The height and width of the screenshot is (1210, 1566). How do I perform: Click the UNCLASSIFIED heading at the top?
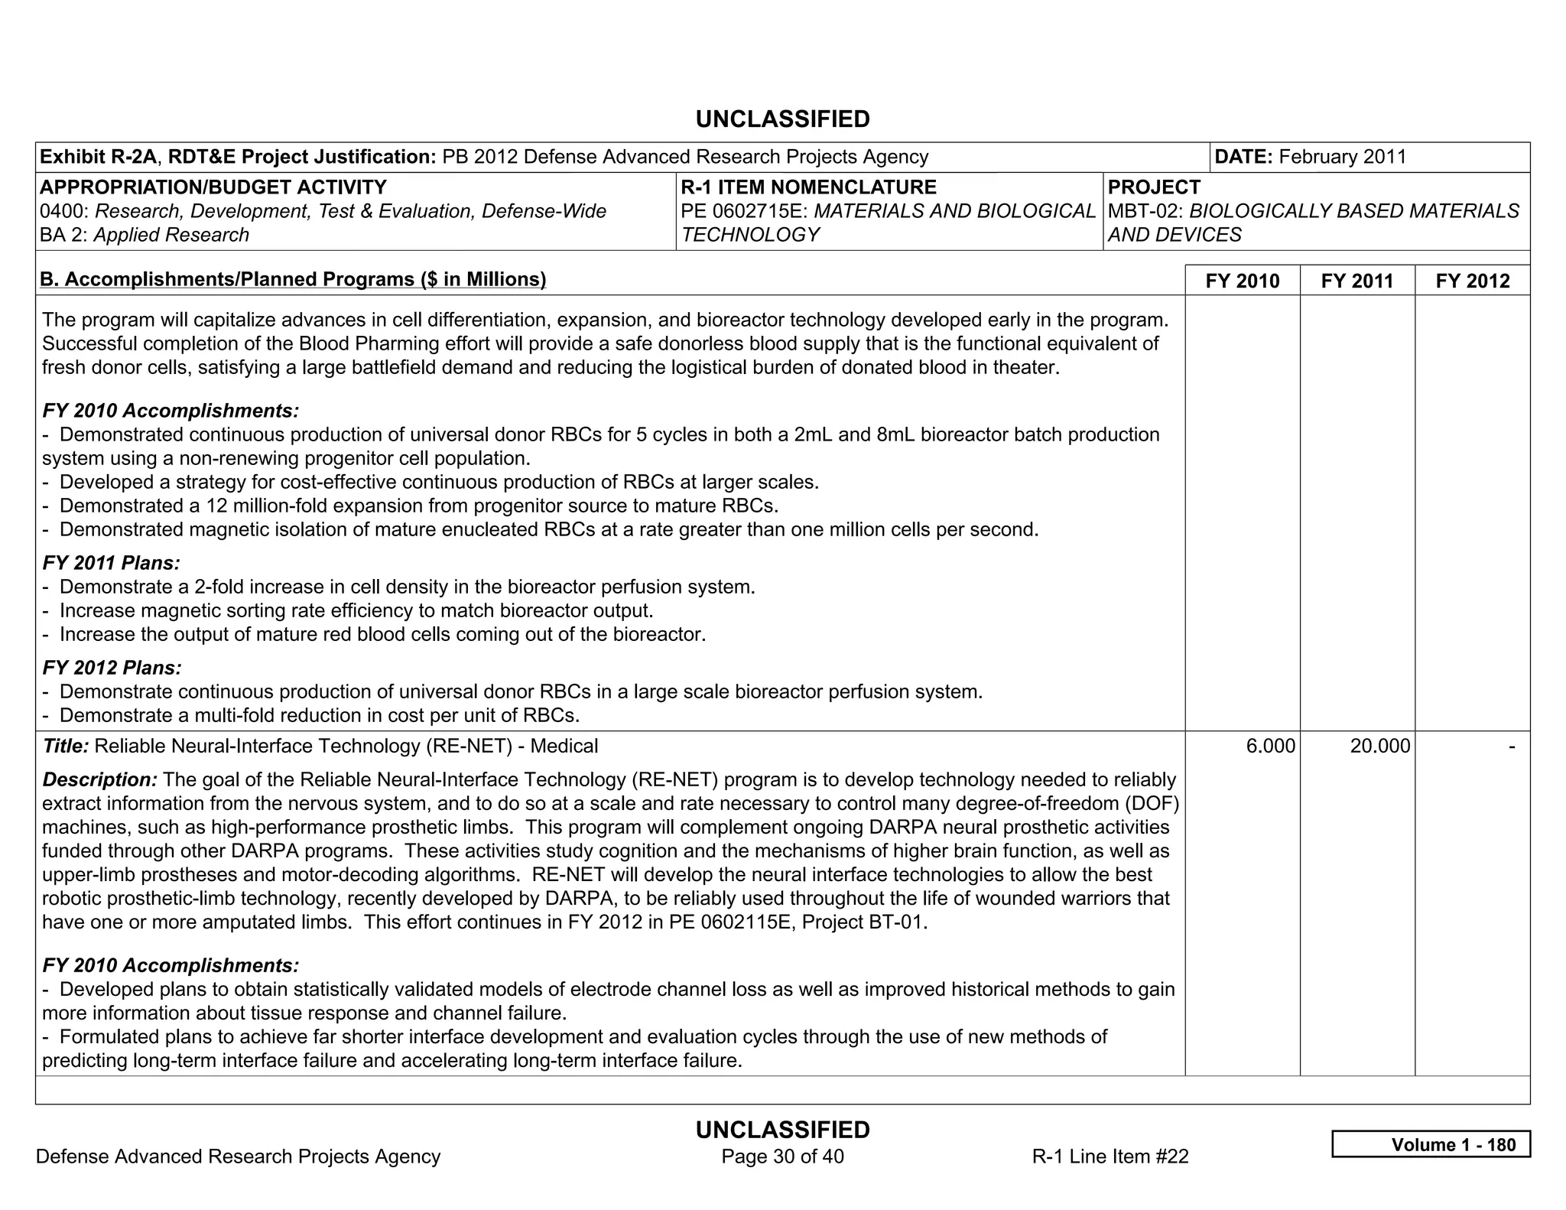(782, 119)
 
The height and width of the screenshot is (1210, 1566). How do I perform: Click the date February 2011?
(1342, 157)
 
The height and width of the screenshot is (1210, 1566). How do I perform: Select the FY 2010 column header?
(1242, 281)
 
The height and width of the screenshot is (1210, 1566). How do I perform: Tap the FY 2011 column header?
(1357, 281)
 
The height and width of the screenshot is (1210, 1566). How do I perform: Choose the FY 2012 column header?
(1472, 281)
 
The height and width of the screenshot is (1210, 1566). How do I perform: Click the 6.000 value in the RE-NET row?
(1270, 746)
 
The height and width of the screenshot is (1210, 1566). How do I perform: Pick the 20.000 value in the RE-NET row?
(1379, 746)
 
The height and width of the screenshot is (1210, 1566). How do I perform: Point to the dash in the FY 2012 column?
(1511, 746)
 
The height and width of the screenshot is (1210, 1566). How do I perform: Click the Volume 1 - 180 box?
(1431, 1144)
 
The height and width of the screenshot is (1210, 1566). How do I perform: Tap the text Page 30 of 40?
(782, 1156)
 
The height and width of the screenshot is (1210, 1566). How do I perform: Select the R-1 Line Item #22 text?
(1110, 1156)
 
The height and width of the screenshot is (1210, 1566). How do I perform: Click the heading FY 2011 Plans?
(112, 564)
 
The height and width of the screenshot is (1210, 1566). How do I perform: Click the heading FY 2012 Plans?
(112, 668)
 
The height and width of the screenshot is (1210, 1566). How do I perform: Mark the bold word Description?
(100, 780)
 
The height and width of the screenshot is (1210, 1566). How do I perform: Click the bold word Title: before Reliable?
(66, 746)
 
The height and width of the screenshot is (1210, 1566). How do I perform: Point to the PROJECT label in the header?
(1154, 187)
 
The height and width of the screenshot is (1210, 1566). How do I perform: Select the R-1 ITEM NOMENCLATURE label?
(808, 187)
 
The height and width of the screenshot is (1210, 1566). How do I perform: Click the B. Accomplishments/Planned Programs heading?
(293, 279)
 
